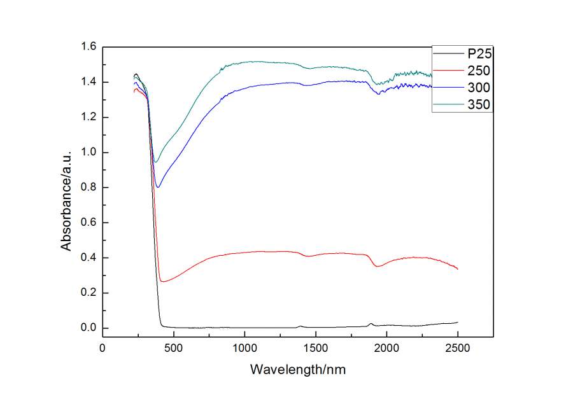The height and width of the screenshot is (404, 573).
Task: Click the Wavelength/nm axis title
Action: click(299, 369)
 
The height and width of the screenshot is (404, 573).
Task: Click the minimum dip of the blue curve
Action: click(159, 186)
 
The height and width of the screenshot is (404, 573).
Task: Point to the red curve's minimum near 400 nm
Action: click(162, 281)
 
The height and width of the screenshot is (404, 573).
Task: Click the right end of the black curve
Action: click(457, 323)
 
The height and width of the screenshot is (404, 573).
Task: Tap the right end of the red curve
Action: click(457, 268)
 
